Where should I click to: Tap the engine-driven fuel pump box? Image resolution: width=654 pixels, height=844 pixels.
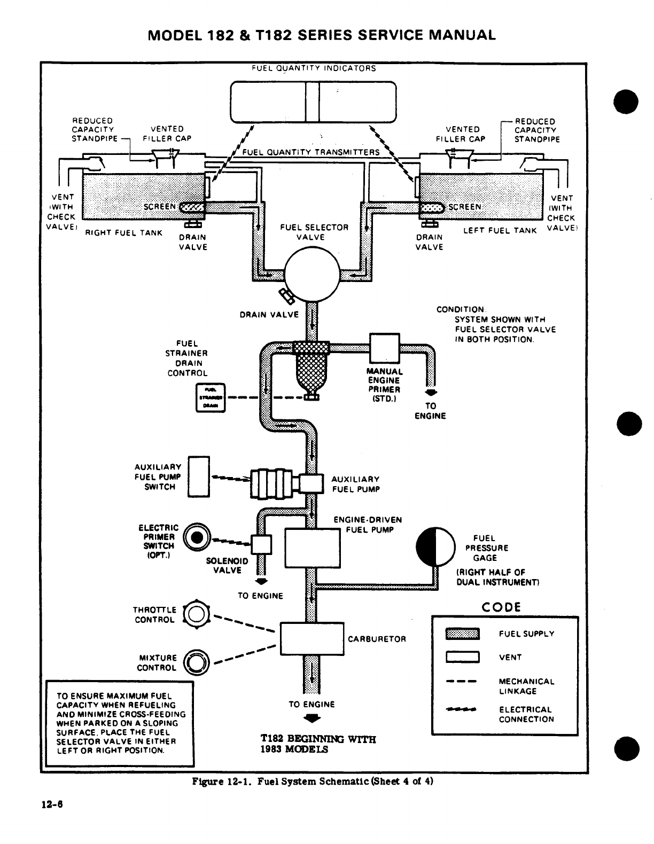pos(312,548)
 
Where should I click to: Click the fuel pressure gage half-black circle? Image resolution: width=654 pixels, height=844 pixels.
pos(435,546)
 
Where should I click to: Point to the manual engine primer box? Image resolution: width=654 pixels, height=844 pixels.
pos(385,348)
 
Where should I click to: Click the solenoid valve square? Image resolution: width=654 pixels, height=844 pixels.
pos(262,545)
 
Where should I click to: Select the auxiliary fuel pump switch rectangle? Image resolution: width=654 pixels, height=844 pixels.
pos(199,477)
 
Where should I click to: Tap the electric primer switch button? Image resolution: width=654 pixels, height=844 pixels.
pos(197,537)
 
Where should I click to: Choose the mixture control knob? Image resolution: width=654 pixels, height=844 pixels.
pos(195,662)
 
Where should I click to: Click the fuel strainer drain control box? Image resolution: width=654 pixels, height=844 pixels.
pos(212,397)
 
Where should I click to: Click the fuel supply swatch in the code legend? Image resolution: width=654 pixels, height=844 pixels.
pos(463,634)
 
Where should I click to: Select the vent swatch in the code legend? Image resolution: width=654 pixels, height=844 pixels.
pos(463,657)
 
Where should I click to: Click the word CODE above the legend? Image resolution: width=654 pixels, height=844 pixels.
pos(501,607)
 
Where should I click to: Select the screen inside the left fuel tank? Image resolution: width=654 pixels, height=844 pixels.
pos(431,207)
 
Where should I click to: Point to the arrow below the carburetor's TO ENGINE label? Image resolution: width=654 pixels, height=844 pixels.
pos(312,718)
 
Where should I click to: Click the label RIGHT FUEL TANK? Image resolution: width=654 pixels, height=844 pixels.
pos(124,233)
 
